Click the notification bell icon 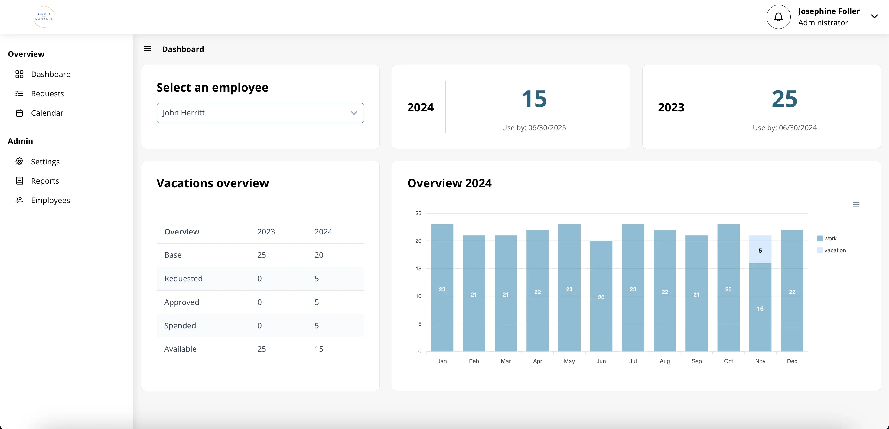(x=778, y=17)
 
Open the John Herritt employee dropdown (x=260, y=113)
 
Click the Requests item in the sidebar (x=47, y=93)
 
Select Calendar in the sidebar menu (x=47, y=113)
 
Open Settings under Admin (x=45, y=161)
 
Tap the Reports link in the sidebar (x=45, y=181)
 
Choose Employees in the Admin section (x=50, y=200)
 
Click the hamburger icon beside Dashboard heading (x=147, y=49)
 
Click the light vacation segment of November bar (x=760, y=249)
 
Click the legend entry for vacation (x=835, y=250)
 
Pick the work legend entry (x=830, y=239)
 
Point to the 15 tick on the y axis (x=418, y=269)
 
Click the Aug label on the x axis (x=664, y=361)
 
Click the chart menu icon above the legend (x=856, y=205)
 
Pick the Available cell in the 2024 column (x=318, y=349)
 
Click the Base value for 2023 (x=261, y=255)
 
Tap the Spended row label (x=180, y=326)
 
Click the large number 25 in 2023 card (x=784, y=99)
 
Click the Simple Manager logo (x=44, y=17)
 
